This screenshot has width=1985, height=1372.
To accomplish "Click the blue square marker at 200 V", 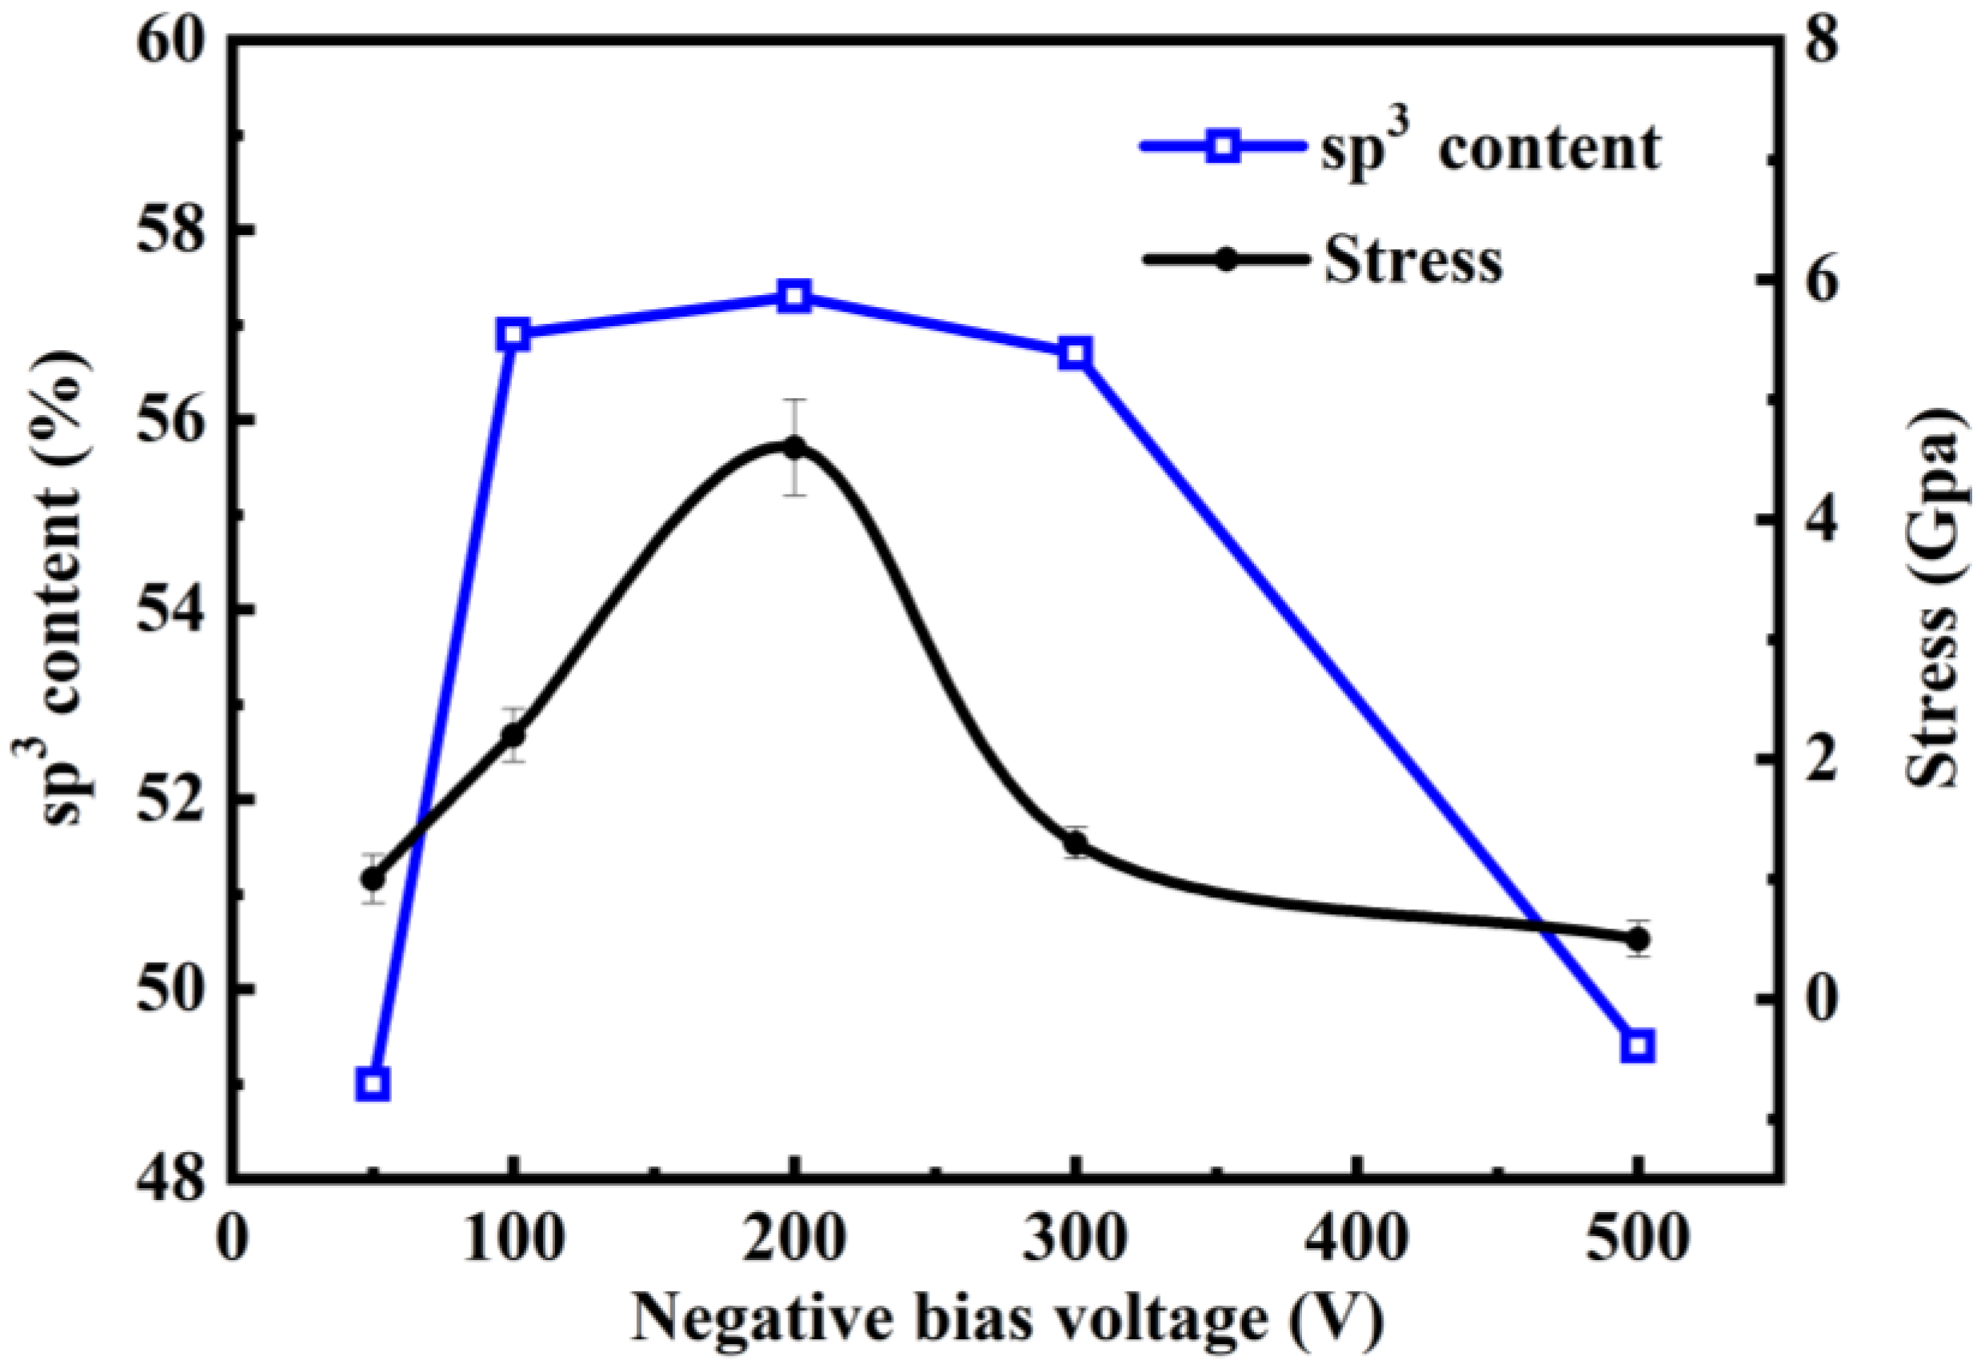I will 794,297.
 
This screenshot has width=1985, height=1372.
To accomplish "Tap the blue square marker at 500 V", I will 1638,1047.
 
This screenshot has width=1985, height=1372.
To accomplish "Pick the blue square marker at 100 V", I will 513,334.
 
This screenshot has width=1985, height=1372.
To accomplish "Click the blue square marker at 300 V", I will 1075,353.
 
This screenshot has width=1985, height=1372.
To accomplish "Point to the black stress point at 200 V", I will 794,446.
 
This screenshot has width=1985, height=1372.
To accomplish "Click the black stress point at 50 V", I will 372,879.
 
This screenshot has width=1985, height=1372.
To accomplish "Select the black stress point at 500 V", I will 1638,940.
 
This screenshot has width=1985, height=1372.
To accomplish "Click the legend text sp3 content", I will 1491,148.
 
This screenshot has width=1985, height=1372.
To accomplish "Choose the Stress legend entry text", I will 1413,260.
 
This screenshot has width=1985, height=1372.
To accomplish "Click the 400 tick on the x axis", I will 1356,1243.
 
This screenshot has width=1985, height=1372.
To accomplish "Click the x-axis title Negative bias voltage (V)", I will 1008,1326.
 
